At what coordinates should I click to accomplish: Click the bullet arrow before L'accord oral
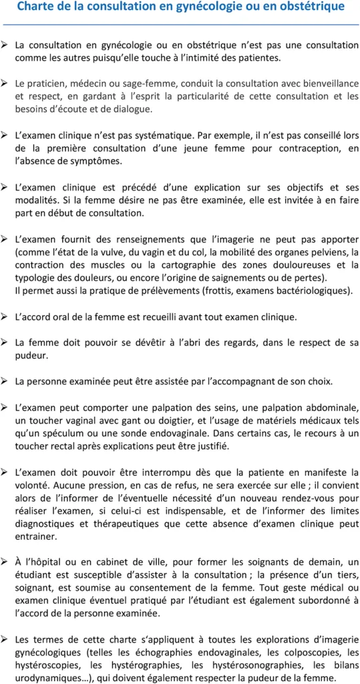click(x=5, y=317)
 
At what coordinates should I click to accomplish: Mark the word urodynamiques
click(x=44, y=678)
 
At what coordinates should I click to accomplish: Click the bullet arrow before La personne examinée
click(x=5, y=381)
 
